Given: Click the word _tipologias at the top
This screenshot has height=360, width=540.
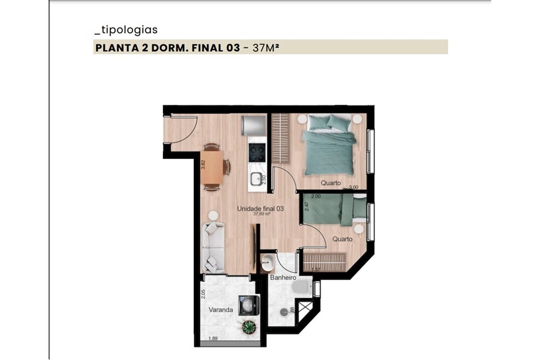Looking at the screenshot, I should [125, 30].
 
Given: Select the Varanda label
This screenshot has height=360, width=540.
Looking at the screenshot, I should [221, 310].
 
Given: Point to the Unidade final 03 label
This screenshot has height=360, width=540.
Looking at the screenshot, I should [261, 208].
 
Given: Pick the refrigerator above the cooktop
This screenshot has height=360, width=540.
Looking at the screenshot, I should [254, 125].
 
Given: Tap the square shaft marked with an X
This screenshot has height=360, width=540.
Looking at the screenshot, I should [306, 313].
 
